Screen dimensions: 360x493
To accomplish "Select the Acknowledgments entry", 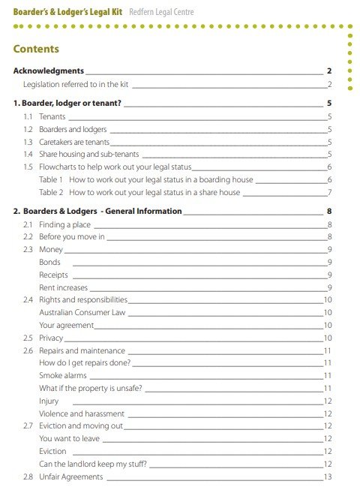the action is click(x=54, y=71).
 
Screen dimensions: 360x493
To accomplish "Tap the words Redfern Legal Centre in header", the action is click(x=165, y=11).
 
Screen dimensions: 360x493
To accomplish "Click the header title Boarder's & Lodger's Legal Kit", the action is click(x=68, y=11).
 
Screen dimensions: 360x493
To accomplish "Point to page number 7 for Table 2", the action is click(x=329, y=192).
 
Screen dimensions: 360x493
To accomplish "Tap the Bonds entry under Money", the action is click(x=49, y=262).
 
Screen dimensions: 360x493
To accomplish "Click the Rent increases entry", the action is click(x=63, y=287).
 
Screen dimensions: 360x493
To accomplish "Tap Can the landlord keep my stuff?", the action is click(x=92, y=464).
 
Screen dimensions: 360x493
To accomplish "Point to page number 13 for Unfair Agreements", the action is click(x=327, y=476).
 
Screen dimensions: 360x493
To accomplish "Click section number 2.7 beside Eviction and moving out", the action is click(x=28, y=425).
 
